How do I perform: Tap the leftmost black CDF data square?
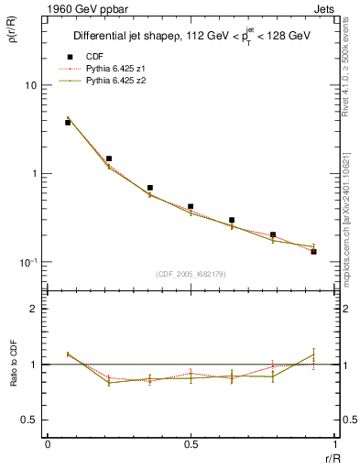68,122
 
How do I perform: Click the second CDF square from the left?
109,158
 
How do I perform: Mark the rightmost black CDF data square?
313,251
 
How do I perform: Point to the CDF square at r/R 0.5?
191,207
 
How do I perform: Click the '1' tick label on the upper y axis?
34,174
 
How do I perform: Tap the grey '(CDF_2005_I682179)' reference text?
191,274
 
